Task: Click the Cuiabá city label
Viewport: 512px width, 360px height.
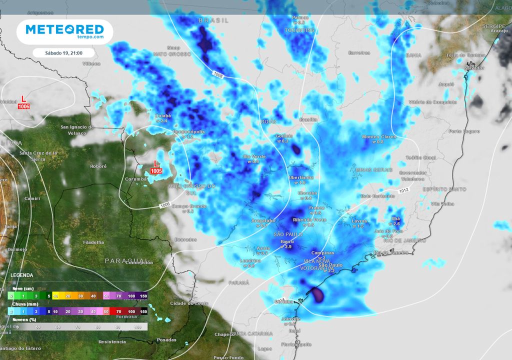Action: pyautogui.click(x=163, y=115)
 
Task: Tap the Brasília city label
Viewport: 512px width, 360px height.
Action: pyautogui.click(x=307, y=119)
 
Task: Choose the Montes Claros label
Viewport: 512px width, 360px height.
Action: pyautogui.click(x=378, y=136)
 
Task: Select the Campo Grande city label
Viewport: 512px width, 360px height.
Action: pyautogui.click(x=189, y=206)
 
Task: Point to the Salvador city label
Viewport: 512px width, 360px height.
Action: pyautogui.click(x=474, y=67)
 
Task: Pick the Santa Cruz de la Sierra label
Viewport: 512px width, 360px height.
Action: pyautogui.click(x=38, y=155)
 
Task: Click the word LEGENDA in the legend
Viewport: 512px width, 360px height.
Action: pyautogui.click(x=21, y=275)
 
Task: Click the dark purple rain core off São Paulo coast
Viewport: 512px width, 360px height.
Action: pyautogui.click(x=317, y=295)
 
